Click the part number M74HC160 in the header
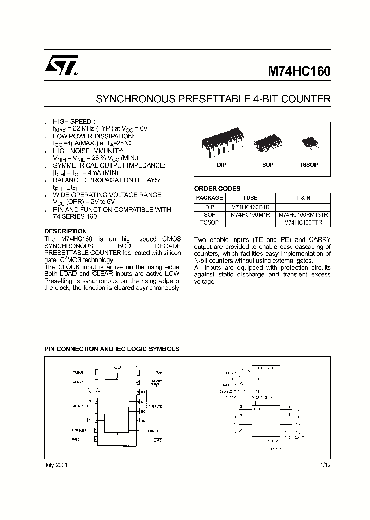point(299,72)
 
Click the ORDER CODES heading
point(217,189)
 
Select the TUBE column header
point(250,198)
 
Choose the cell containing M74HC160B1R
point(250,207)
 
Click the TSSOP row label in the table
point(210,223)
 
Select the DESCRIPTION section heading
point(65,231)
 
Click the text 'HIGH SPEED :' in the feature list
point(74,121)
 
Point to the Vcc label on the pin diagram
point(159,372)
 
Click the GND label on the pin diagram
point(77,440)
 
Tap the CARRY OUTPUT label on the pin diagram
point(157,383)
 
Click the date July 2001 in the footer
point(55,465)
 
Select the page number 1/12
point(325,465)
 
